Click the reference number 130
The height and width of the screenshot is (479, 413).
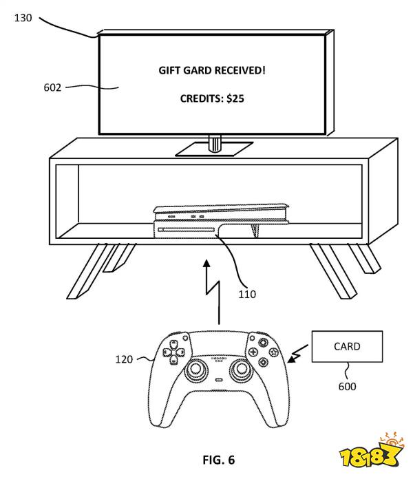pos(23,18)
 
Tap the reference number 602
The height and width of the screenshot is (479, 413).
pos(52,87)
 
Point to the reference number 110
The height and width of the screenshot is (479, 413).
pos(247,294)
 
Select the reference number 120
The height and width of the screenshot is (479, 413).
pos(124,359)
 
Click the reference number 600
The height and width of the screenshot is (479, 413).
pos(347,387)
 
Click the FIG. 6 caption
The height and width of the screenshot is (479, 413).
pos(219,460)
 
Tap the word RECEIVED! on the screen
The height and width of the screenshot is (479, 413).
pos(240,71)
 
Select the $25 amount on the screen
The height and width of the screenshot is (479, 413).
pos(235,98)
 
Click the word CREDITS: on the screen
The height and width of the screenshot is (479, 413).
pos(202,98)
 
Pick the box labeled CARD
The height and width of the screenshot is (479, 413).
pos(347,346)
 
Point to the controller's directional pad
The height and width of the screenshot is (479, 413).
pos(173,352)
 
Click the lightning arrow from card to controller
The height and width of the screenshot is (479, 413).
pos(297,354)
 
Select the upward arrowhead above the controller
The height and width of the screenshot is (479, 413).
pos(207,264)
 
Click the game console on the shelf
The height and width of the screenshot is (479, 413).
pos(221,221)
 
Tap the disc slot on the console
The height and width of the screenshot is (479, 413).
pos(187,230)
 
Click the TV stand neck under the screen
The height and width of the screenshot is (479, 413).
pos(215,143)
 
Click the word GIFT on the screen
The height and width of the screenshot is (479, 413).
pos(169,71)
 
